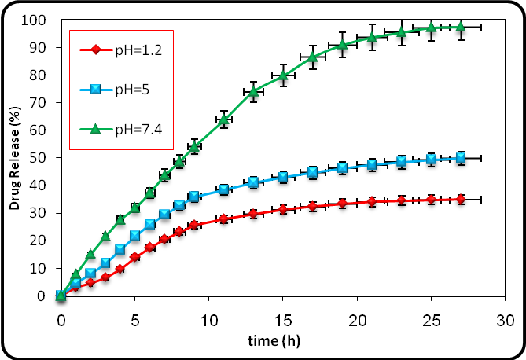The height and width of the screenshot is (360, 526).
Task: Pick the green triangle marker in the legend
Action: click(x=94, y=126)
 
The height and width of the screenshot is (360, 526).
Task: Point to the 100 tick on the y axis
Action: click(x=43, y=19)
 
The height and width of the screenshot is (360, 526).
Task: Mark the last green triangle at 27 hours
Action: click(x=461, y=27)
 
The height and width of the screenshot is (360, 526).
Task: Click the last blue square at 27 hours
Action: click(x=461, y=158)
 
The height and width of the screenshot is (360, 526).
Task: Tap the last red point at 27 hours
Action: click(x=461, y=200)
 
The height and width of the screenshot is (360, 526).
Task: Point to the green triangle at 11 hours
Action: click(x=224, y=119)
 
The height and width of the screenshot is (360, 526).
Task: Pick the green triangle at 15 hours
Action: click(x=283, y=76)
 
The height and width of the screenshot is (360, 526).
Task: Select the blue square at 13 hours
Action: click(x=253, y=182)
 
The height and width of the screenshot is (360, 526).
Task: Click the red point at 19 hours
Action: click(x=342, y=203)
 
